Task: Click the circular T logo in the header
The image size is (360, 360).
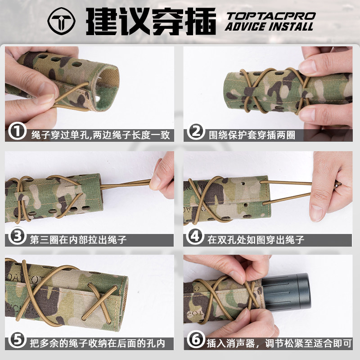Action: coord(62,21)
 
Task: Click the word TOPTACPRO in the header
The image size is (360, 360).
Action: coord(271,16)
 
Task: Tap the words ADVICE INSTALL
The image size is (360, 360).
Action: coord(269,27)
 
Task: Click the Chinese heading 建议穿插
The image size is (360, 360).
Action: coord(151,21)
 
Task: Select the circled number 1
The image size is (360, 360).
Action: coord(17,131)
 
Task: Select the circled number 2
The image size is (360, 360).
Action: coord(196,131)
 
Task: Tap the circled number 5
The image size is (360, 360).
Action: coord(17,339)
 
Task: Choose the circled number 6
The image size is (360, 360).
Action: coord(196,339)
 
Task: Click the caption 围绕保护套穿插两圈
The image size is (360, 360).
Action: coord(252,135)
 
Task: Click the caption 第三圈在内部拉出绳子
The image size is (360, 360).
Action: coord(78,240)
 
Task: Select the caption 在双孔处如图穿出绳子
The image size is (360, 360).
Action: coord(256,240)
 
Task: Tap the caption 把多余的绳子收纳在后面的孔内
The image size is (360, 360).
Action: coord(98,343)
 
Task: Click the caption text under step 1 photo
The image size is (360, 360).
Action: coord(100,135)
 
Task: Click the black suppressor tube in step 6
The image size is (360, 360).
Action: coord(287,292)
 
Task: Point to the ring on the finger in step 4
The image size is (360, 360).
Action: coord(337,184)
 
